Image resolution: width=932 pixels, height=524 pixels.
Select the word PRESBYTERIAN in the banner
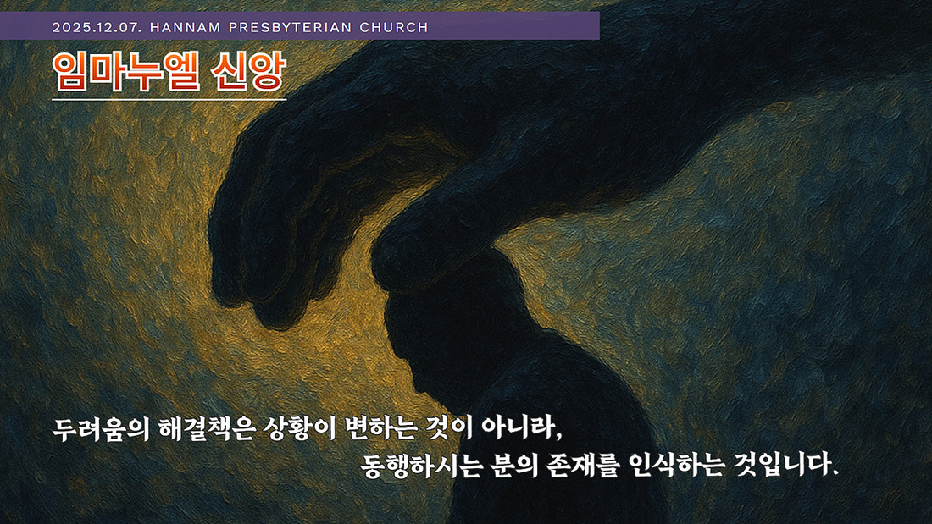point(290,27)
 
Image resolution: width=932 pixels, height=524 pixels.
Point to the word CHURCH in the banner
point(394,27)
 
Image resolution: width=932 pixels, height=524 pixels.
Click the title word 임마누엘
point(126,72)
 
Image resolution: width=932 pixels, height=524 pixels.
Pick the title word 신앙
point(248,72)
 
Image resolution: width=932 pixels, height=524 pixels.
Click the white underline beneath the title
point(169,99)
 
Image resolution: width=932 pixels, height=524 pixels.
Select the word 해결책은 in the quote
point(207,429)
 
